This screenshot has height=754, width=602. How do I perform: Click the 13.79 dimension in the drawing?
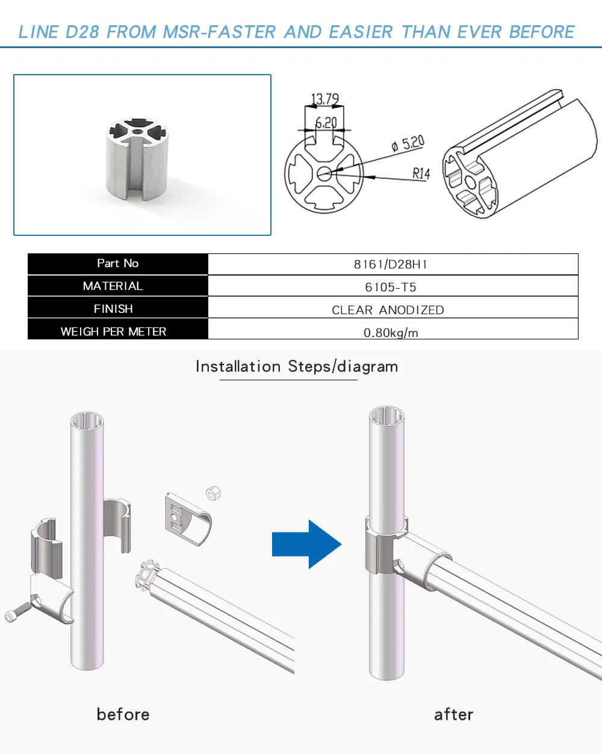[x=324, y=99]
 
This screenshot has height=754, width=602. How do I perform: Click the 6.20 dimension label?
[x=326, y=123]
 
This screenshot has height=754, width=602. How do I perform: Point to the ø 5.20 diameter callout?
[x=408, y=144]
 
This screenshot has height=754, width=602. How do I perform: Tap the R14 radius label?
[x=421, y=174]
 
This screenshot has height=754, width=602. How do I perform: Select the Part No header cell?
[x=117, y=264]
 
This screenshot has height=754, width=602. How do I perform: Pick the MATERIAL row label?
[x=113, y=286]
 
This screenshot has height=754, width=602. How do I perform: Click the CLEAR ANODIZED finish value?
[x=388, y=310]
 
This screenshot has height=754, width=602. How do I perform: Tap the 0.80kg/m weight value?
[x=391, y=333]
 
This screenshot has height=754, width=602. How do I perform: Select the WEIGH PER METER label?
[x=113, y=332]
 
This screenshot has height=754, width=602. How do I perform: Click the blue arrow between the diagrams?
[x=306, y=544]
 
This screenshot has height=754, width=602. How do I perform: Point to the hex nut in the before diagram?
[x=213, y=493]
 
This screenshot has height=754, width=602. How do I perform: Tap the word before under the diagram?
[x=123, y=714]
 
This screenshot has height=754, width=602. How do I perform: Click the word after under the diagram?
[x=453, y=714]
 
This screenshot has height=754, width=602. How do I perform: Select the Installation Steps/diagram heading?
[x=297, y=366]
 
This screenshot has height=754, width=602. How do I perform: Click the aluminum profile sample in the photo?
[x=137, y=158]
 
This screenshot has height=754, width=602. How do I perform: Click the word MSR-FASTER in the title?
[x=220, y=32]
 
